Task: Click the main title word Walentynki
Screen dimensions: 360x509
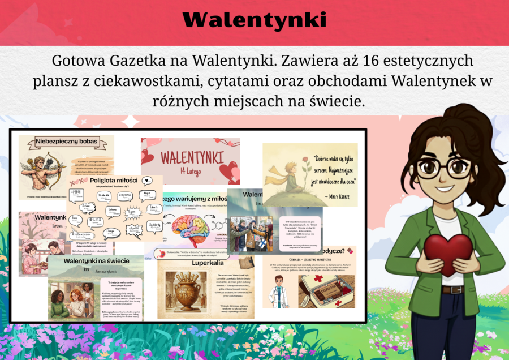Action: (x=255, y=20)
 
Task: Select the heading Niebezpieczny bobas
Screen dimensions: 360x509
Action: (x=67, y=141)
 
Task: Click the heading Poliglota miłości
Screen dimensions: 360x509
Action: (x=114, y=181)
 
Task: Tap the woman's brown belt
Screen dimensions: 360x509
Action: (x=452, y=290)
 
